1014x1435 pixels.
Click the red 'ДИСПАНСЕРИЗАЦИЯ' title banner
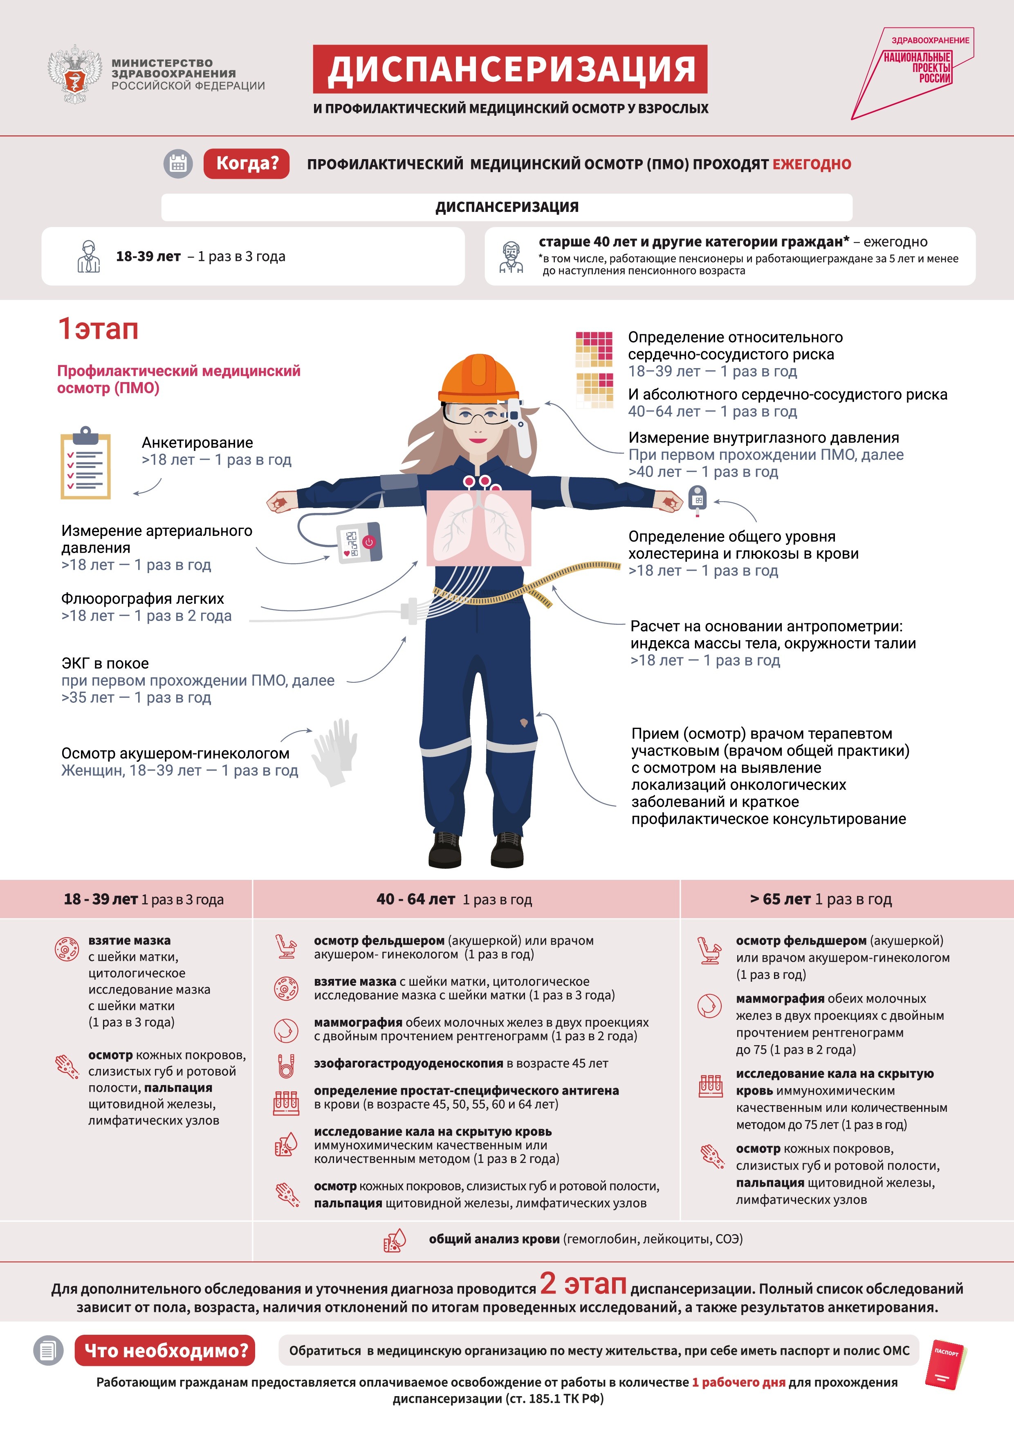(x=510, y=69)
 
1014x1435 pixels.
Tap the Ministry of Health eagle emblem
(x=75, y=73)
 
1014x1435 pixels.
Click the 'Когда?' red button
(x=247, y=164)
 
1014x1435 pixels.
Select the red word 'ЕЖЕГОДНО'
(x=812, y=164)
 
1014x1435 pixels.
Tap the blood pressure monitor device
(x=359, y=542)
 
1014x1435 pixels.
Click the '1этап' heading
(x=98, y=329)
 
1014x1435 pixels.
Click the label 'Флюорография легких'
(x=142, y=599)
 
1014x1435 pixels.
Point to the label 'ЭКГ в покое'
(x=105, y=663)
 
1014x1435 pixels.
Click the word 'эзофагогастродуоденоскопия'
(x=408, y=1063)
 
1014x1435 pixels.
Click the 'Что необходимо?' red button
(x=166, y=1351)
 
